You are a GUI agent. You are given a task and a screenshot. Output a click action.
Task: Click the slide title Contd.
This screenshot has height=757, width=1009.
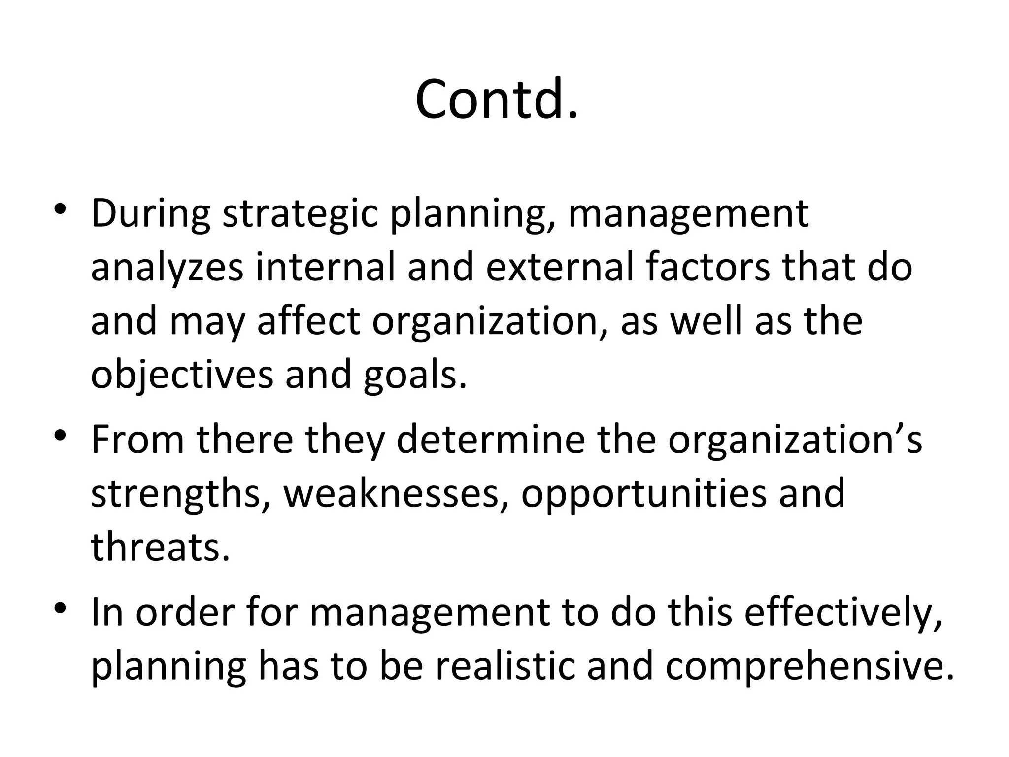(496, 99)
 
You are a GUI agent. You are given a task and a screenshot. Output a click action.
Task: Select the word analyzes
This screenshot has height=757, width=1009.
(167, 269)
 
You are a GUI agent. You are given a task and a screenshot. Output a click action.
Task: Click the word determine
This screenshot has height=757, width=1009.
(491, 440)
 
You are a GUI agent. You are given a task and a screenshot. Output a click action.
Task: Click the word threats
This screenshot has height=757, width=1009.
(160, 548)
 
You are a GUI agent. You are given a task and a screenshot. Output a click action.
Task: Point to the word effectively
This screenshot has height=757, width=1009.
(843, 614)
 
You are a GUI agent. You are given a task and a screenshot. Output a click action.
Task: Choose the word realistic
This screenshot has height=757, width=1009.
(499, 667)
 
